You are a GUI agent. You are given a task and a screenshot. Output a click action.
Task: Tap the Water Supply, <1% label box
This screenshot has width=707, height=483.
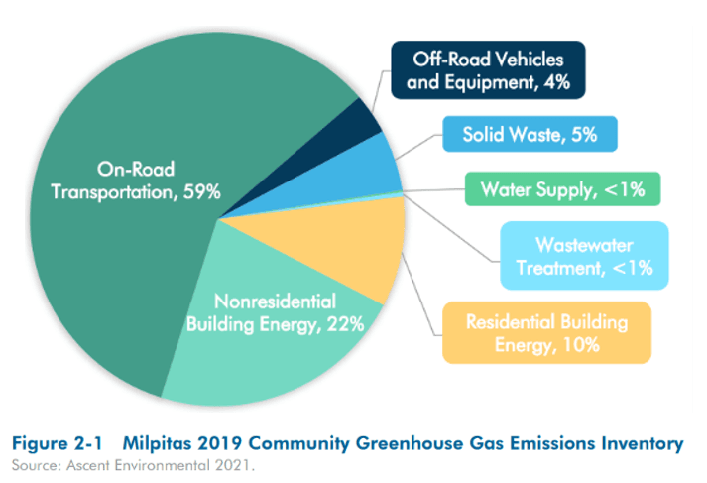pos(560,187)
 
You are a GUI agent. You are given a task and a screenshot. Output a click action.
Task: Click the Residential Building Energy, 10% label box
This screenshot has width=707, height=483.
pos(547,332)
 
